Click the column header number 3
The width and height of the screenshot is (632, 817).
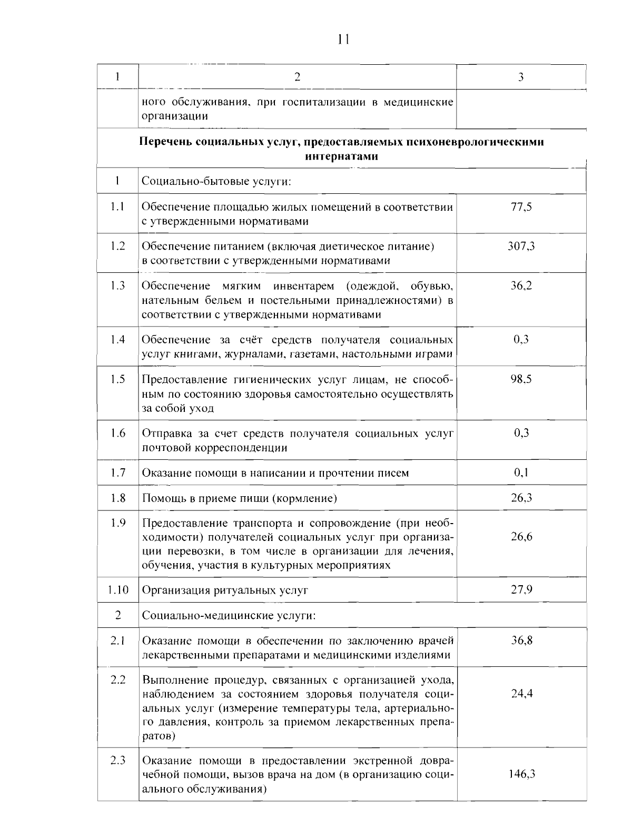pyautogui.click(x=520, y=77)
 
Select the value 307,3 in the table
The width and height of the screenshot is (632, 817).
pyautogui.click(x=521, y=246)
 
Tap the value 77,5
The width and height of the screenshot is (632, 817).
pyautogui.click(x=521, y=207)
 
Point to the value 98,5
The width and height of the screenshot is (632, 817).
pyautogui.click(x=521, y=379)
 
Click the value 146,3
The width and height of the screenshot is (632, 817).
pyautogui.click(x=521, y=774)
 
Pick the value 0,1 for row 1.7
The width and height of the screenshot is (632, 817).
pyautogui.click(x=521, y=473)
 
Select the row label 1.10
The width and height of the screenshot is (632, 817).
pyautogui.click(x=118, y=589)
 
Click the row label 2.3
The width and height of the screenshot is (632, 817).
pyautogui.click(x=118, y=760)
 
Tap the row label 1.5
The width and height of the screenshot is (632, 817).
pyautogui.click(x=118, y=379)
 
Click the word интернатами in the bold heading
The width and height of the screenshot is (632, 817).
pyautogui.click(x=342, y=156)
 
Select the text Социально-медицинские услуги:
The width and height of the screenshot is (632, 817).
pyautogui.click(x=229, y=615)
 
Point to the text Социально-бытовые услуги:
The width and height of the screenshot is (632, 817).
pyautogui.click(x=216, y=182)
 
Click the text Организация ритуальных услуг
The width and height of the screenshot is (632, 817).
pyautogui.click(x=225, y=590)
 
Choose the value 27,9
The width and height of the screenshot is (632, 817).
pyautogui.click(x=521, y=589)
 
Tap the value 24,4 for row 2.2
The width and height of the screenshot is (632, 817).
pyautogui.click(x=521, y=693)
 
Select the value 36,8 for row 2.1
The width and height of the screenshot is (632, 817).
pyautogui.click(x=521, y=641)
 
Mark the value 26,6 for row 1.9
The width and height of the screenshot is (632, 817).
pyautogui.click(x=521, y=537)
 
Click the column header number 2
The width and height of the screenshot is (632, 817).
pyautogui.click(x=297, y=77)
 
